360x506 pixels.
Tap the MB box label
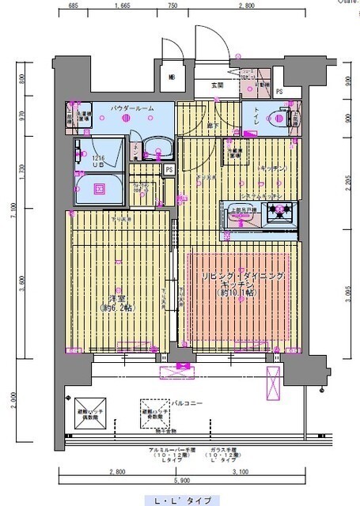172,77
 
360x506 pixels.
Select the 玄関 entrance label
218,85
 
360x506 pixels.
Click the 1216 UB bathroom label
97,161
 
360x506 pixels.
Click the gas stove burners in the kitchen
279,212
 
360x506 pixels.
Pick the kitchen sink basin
241,216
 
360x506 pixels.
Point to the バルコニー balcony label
188,403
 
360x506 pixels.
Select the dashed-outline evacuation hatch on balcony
153,410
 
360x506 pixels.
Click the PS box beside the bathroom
169,169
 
